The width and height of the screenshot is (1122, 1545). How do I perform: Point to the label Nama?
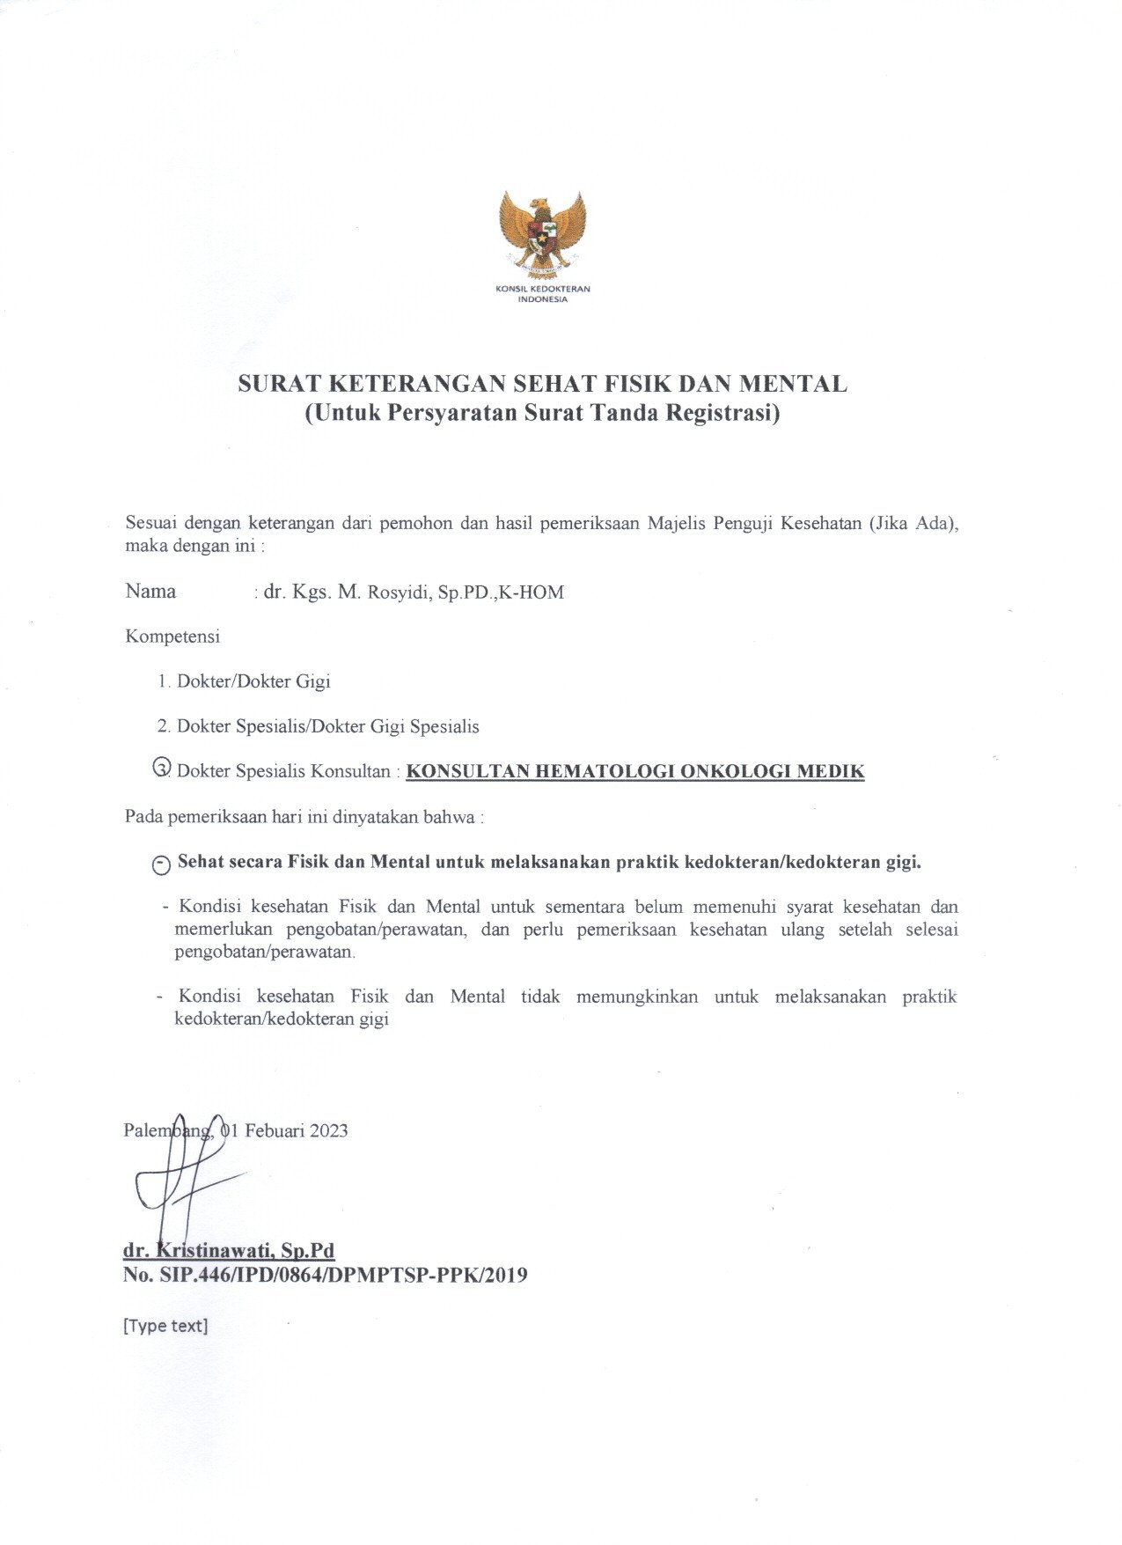pos(150,592)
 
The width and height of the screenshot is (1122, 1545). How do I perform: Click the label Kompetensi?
pos(172,636)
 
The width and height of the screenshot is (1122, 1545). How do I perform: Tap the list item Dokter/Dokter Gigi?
pos(253,681)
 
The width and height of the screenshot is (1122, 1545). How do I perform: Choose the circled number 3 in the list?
pos(162,768)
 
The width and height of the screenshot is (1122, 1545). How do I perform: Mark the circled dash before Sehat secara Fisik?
pos(161,865)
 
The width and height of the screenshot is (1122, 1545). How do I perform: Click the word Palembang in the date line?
pos(167,1131)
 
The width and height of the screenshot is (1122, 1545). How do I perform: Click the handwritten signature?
pos(180,1180)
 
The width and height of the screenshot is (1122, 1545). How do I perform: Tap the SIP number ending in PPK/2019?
pos(326,1275)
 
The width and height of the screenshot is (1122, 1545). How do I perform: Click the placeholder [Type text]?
pos(165,1326)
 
